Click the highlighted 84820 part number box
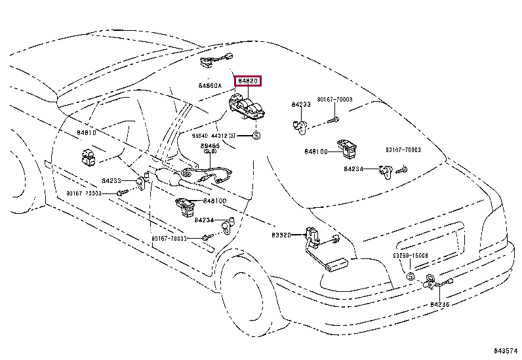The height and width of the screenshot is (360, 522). (x=249, y=82)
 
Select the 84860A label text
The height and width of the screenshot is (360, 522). (x=211, y=86)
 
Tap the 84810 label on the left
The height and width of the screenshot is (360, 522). (x=86, y=132)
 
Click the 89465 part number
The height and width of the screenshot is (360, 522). (x=209, y=146)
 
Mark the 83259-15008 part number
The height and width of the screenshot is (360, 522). (x=411, y=256)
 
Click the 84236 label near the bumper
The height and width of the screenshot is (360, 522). (x=440, y=305)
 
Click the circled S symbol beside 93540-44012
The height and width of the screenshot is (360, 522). (x=256, y=136)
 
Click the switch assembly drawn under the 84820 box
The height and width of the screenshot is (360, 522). (x=247, y=107)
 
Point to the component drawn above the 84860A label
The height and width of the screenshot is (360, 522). (x=212, y=63)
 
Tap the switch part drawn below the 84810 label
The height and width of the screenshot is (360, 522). (x=89, y=156)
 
